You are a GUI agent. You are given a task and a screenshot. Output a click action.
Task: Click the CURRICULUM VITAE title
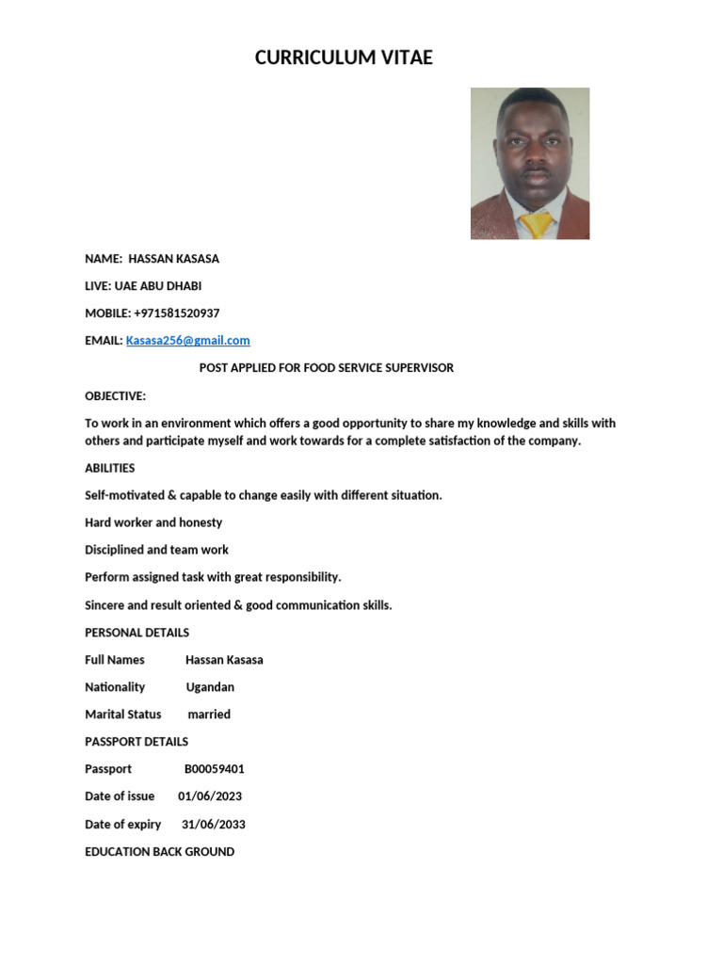(344, 58)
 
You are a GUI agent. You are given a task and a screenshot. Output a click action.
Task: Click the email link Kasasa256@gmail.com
(188, 341)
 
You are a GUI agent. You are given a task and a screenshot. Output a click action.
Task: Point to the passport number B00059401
(215, 769)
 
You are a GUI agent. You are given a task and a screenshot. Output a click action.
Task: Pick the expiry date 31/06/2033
(214, 825)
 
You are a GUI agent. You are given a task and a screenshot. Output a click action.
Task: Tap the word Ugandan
(210, 687)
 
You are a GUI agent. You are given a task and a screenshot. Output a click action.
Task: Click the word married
(209, 715)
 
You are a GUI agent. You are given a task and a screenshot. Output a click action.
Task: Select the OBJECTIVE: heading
(116, 396)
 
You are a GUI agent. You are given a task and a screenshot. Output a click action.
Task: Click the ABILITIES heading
(110, 469)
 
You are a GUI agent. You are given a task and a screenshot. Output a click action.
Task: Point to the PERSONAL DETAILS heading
(137, 633)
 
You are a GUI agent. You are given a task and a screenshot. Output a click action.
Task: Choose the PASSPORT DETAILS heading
(137, 742)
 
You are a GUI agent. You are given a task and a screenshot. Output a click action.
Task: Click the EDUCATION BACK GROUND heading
(160, 852)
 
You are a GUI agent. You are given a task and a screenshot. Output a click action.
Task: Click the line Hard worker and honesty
(153, 522)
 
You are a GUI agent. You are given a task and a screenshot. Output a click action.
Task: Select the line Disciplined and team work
(157, 550)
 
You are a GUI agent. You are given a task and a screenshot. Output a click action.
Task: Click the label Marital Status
(123, 715)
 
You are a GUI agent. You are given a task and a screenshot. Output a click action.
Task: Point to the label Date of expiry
(123, 825)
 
